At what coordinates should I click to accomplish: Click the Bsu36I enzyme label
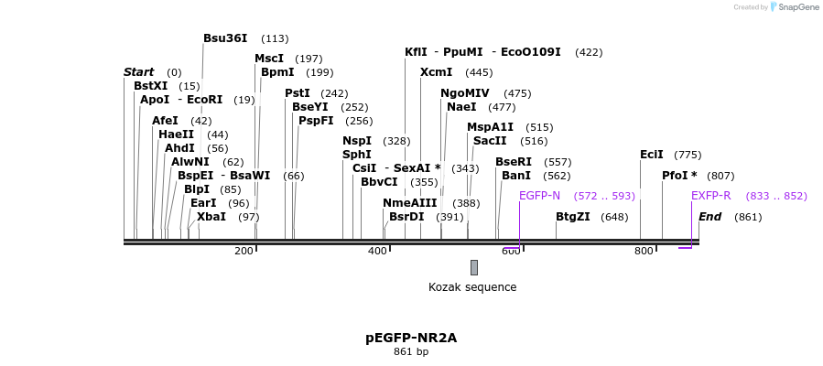click(x=225, y=38)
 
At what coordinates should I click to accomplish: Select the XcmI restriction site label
click(x=436, y=72)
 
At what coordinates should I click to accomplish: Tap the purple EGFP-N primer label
click(x=539, y=196)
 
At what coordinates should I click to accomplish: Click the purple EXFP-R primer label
click(x=710, y=196)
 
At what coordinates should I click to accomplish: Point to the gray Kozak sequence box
click(x=473, y=267)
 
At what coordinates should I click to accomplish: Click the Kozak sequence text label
click(x=472, y=287)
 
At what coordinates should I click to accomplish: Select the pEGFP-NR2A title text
click(x=411, y=338)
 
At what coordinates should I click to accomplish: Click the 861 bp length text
click(x=411, y=351)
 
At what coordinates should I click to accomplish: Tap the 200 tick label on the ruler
click(x=244, y=251)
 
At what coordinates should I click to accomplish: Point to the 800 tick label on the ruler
click(x=644, y=251)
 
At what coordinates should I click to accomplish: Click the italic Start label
click(x=138, y=72)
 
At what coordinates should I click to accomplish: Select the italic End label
click(x=709, y=217)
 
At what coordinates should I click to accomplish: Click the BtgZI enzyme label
click(x=572, y=217)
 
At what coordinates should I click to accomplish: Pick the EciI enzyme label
click(x=651, y=155)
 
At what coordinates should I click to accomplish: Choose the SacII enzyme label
click(x=489, y=141)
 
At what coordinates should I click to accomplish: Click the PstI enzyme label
click(x=297, y=93)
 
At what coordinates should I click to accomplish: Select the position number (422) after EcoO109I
click(x=589, y=52)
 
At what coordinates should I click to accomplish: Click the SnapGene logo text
click(x=798, y=7)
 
